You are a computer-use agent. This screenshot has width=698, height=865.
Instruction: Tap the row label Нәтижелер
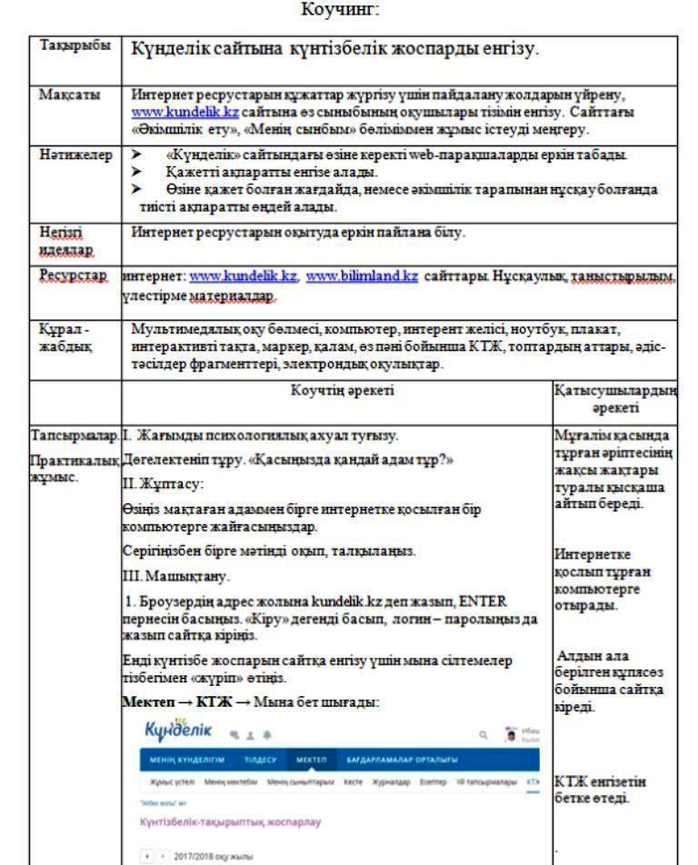66,156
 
